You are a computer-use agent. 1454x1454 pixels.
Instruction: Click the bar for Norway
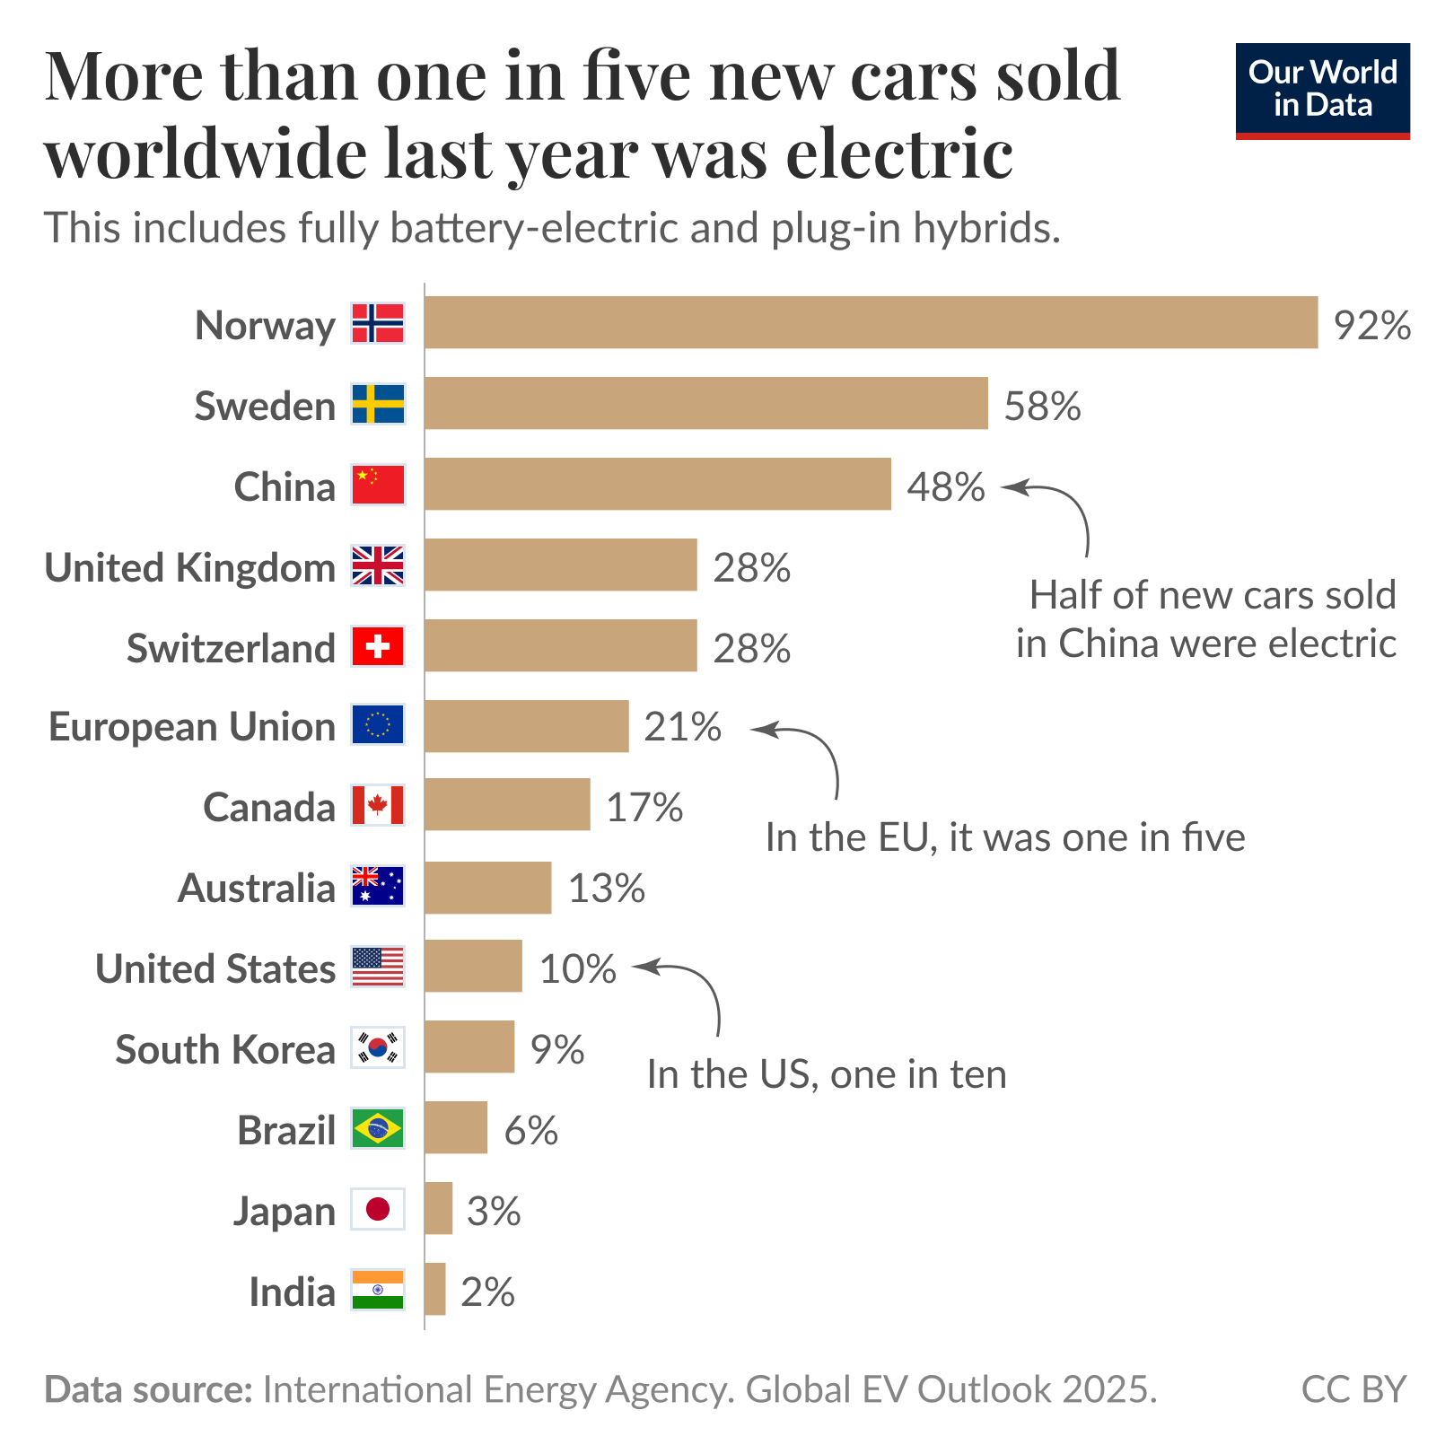pos(871,322)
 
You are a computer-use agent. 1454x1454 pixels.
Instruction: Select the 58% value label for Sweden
pos(1042,406)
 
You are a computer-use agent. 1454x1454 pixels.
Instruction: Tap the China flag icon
pos(378,485)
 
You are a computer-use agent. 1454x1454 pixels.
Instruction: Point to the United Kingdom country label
pos(189,567)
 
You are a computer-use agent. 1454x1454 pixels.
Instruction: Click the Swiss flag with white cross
pos(378,646)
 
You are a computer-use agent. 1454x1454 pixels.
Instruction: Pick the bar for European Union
pos(527,726)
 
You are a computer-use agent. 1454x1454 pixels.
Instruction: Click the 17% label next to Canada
pos(644,807)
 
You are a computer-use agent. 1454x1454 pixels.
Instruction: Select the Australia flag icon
pos(378,886)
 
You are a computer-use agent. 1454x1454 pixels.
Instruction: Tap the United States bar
pos(473,966)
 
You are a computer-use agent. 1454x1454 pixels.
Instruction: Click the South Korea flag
pos(378,1047)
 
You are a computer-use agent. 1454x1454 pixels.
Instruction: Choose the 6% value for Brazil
pos(530,1130)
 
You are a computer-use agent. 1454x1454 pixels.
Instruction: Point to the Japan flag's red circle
pos(378,1209)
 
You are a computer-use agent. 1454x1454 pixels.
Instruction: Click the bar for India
pos(435,1289)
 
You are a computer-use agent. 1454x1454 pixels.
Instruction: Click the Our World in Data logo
pos(1322,91)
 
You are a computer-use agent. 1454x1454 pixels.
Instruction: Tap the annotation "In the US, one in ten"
pos(827,1074)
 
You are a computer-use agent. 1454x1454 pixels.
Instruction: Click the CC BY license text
pos(1353,1389)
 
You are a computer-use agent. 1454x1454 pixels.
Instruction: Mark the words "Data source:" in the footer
pos(149,1389)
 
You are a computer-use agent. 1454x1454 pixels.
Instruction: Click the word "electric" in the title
pos(899,153)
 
